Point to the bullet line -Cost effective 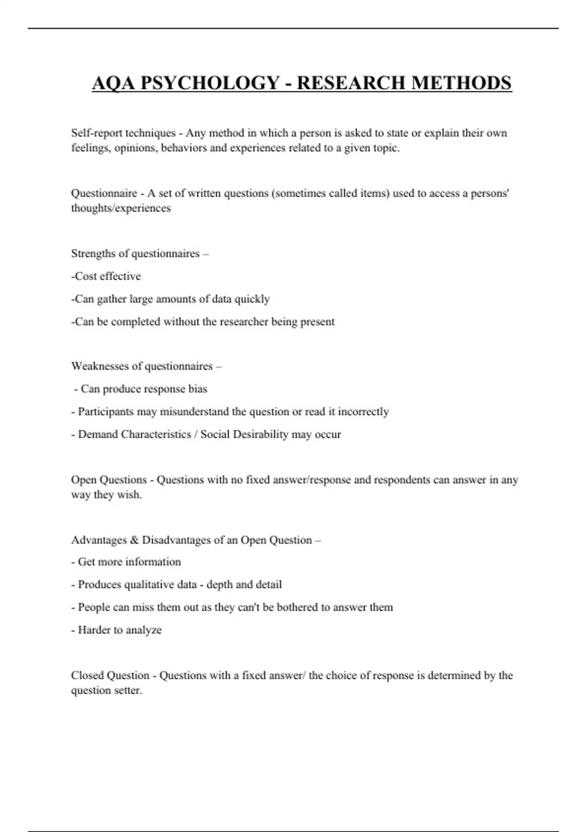click(x=106, y=277)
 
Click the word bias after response click(x=198, y=389)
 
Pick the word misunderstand click(x=194, y=412)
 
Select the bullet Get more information click(x=129, y=562)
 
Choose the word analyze click(x=143, y=630)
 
